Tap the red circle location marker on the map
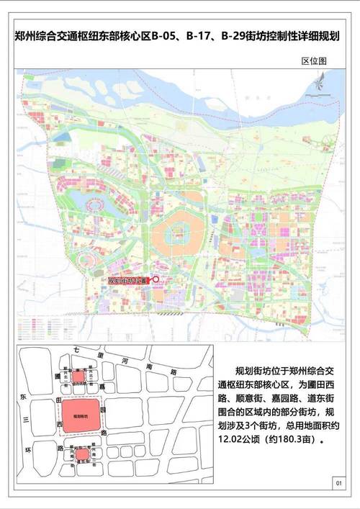point(155,281)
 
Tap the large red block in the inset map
point(75,416)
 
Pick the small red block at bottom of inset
point(81,454)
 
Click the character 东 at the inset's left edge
point(22,397)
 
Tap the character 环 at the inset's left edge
point(22,447)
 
